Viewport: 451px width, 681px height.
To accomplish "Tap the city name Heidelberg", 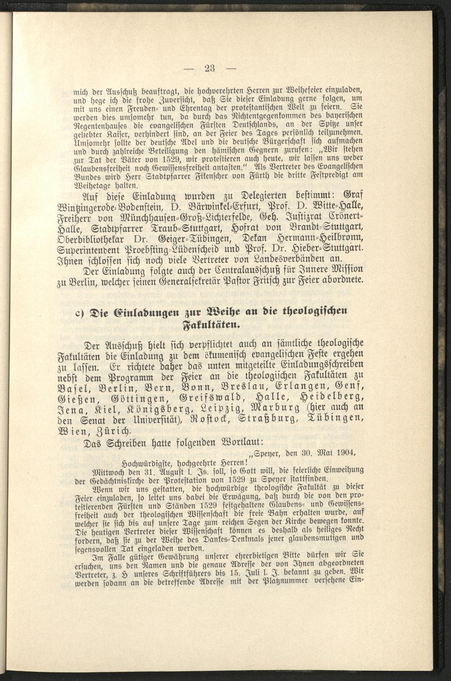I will [331, 399].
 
